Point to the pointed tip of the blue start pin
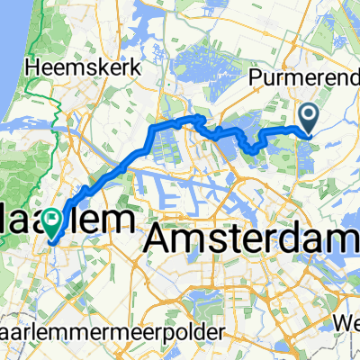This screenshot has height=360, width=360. pyautogui.click(x=308, y=134)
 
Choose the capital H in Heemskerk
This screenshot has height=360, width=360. pyautogui.click(x=33, y=67)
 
